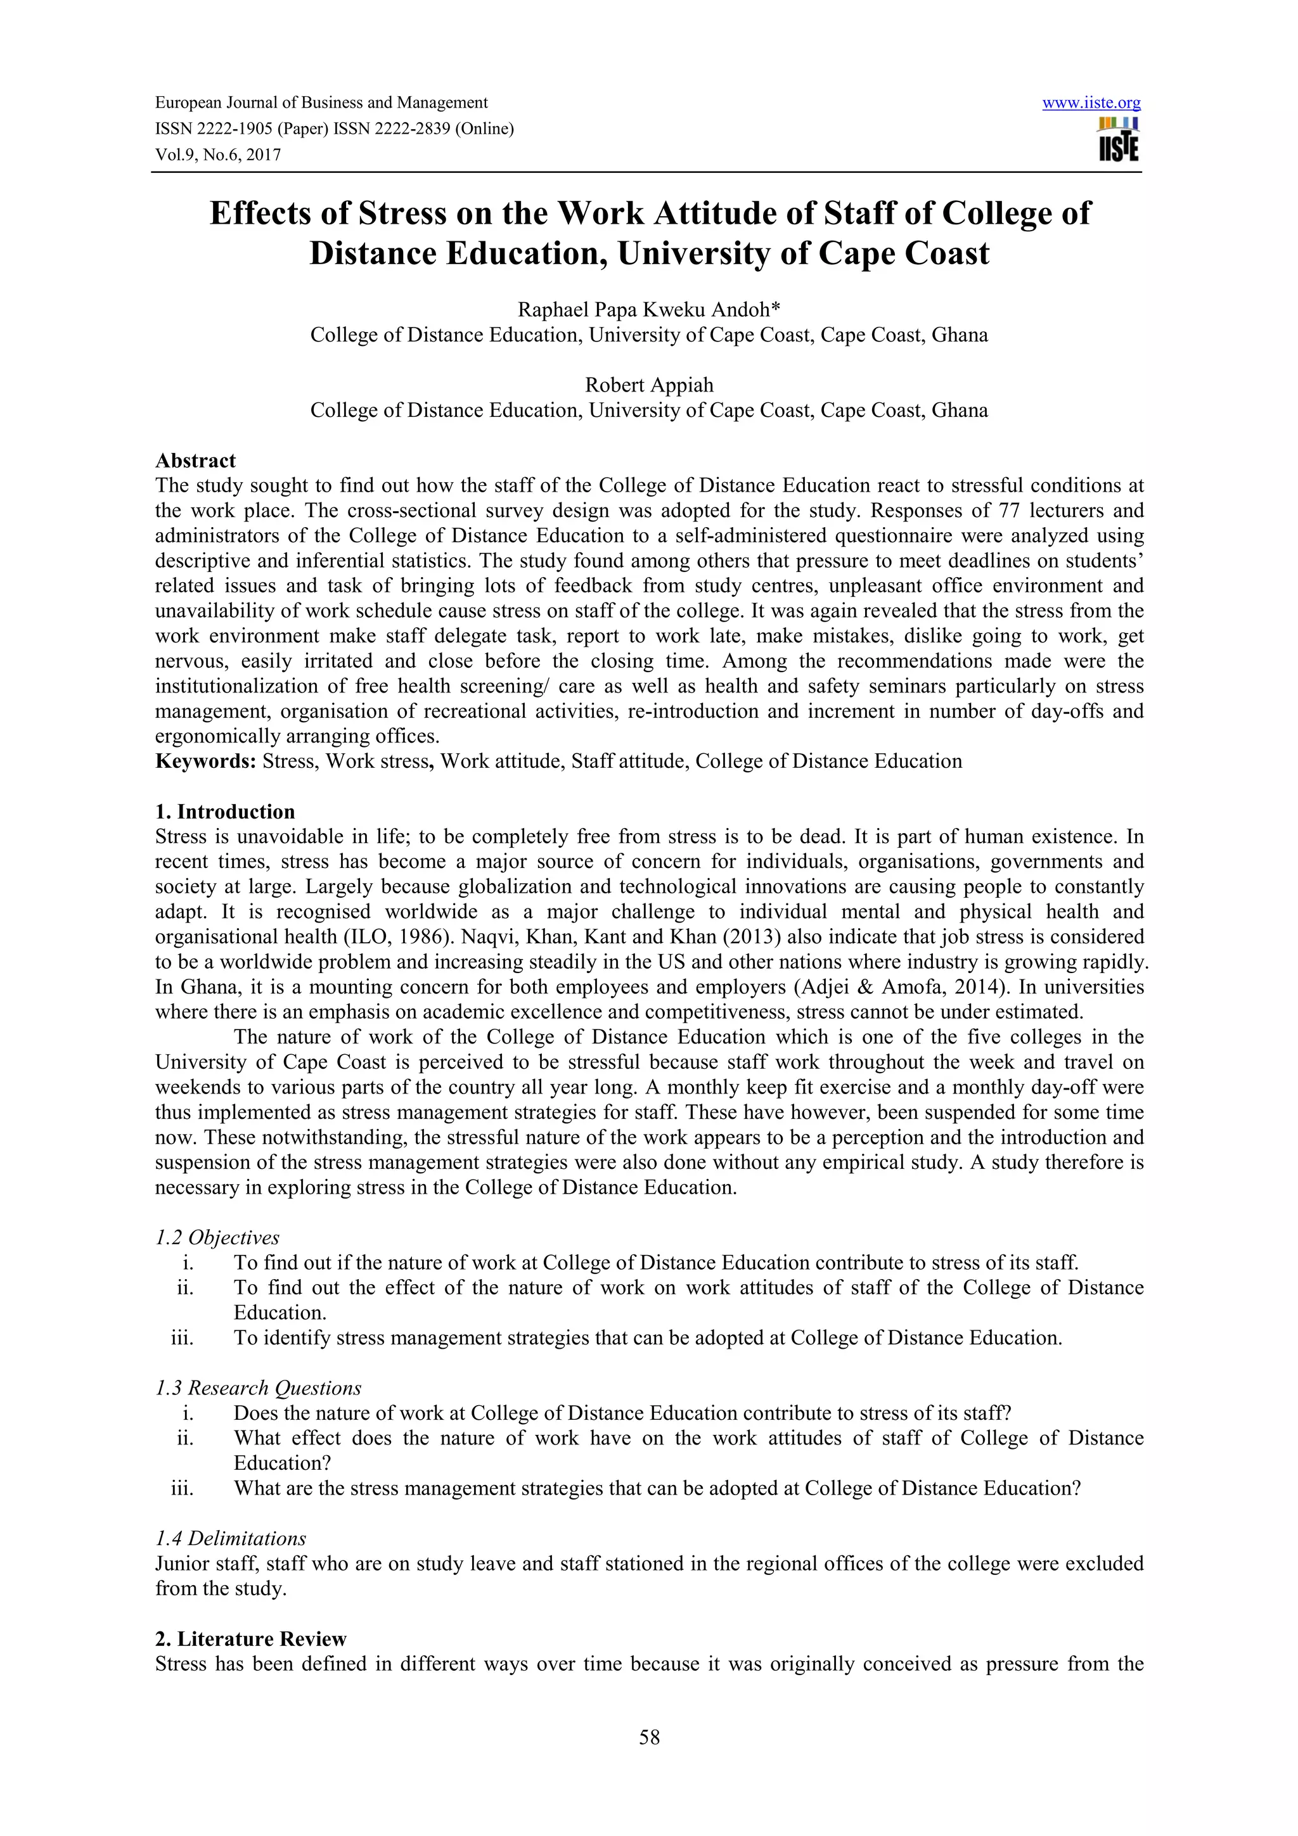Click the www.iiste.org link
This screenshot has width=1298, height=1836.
(1091, 103)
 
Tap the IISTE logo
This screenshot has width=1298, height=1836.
(1118, 140)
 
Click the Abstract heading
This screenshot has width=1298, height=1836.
(195, 461)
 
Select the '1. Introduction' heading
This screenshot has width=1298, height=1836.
(225, 812)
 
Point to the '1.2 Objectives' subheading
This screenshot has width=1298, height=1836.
(217, 1238)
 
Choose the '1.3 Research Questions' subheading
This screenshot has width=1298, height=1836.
(257, 1388)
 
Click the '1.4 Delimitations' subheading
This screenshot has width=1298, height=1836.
(230, 1538)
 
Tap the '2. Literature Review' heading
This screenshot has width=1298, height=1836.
(250, 1640)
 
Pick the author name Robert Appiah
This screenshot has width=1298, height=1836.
(648, 385)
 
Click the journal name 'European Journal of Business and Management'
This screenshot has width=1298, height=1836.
(321, 103)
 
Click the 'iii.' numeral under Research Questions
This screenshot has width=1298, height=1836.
(183, 1488)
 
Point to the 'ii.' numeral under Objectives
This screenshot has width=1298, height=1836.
(186, 1287)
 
